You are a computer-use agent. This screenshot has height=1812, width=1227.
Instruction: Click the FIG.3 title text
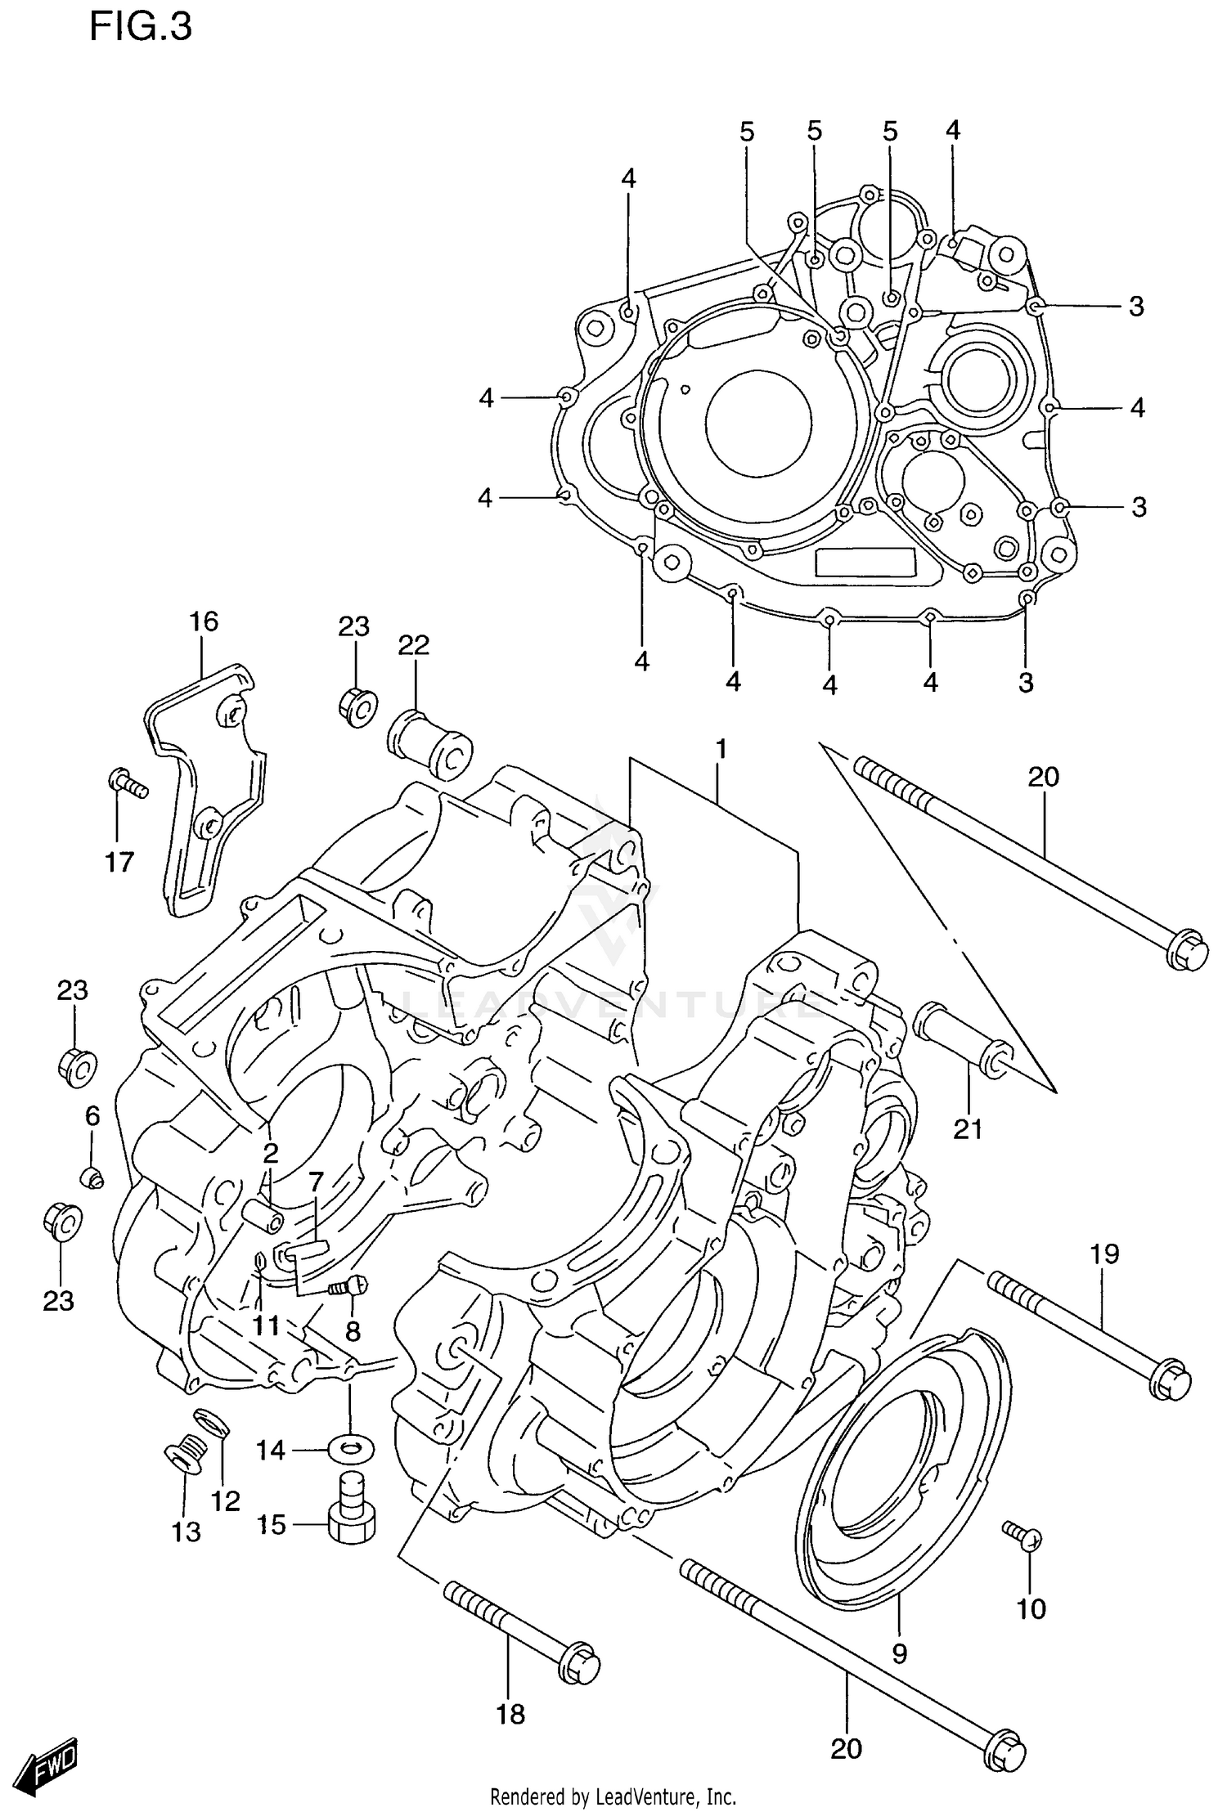(140, 27)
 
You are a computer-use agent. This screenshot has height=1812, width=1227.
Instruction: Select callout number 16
(204, 621)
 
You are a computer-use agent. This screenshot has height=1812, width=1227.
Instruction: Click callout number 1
(721, 748)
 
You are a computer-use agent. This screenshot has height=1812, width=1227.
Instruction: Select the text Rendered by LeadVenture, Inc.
(613, 1796)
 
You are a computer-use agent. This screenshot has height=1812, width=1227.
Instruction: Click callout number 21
(968, 1129)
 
